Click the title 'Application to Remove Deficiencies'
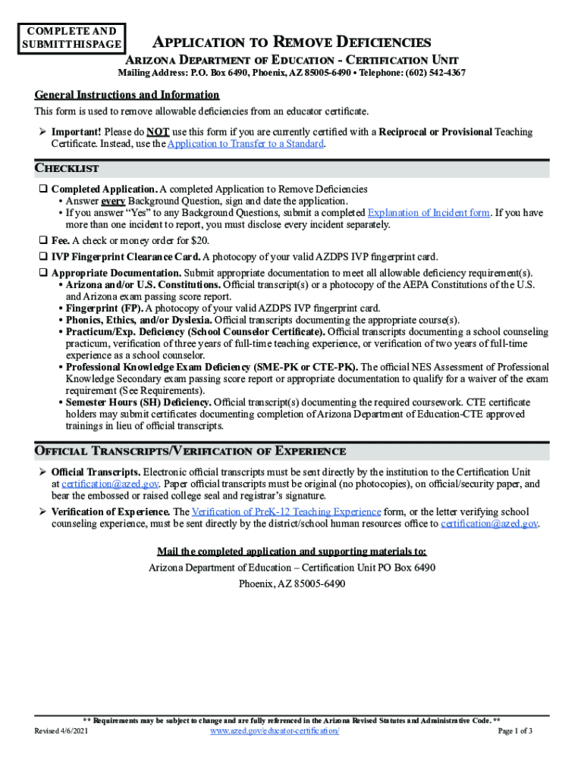pos(293,42)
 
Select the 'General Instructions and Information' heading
pos(127,95)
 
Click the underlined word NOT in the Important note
pos(158,132)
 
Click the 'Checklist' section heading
pos(67,168)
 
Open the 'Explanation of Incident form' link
pos(429,213)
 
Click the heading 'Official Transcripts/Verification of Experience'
pos(190,452)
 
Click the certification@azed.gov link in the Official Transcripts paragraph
pos(110,483)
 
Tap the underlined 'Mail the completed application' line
pos(291,551)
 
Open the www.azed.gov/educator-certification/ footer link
pos(274,731)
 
